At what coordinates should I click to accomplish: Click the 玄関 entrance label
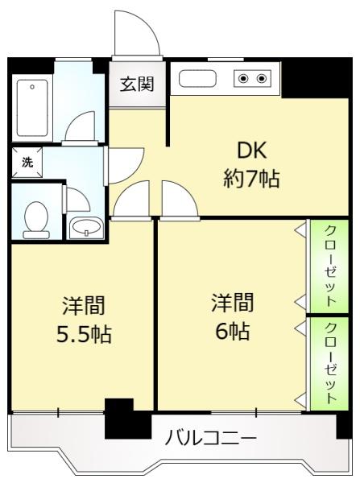tap(138, 83)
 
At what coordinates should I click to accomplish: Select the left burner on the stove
tap(243, 79)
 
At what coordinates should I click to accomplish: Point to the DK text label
tap(250, 151)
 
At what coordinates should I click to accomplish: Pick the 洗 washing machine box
tap(27, 162)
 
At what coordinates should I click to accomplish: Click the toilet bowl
tap(36, 218)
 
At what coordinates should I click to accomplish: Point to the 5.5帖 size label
tap(84, 332)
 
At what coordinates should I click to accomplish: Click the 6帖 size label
tap(232, 330)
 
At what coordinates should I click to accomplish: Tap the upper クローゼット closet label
tap(331, 264)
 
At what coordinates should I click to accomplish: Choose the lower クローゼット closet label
tap(331, 363)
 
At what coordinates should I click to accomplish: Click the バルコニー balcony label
tap(211, 439)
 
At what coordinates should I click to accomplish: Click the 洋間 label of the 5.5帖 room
tap(84, 306)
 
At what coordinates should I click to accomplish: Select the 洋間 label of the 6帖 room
tap(232, 303)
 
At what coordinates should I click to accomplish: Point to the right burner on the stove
tap(262, 79)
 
